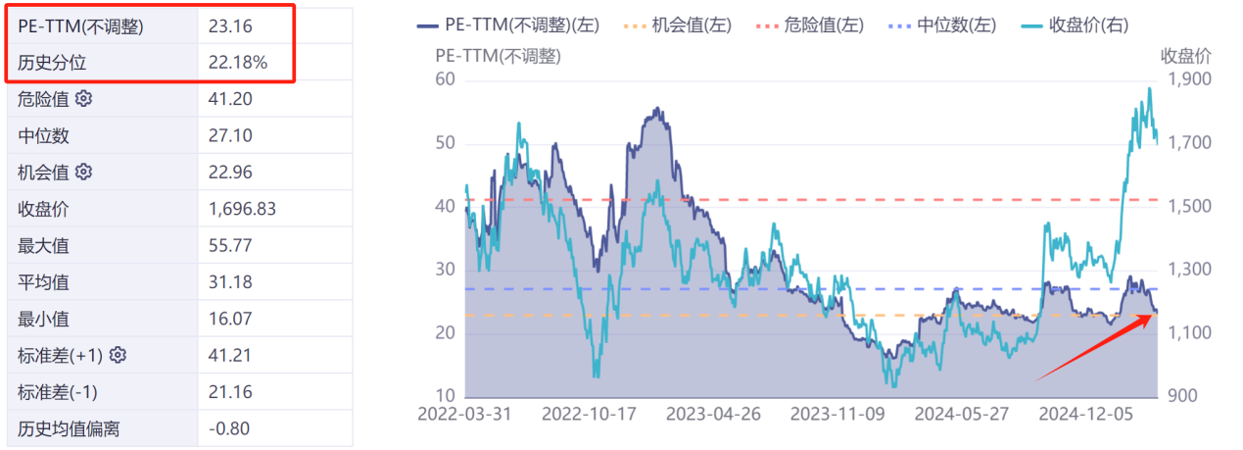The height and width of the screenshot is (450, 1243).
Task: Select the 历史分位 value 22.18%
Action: point(237,64)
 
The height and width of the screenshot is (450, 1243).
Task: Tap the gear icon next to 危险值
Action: point(83,99)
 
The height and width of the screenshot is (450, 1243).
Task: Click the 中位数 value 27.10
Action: point(229,135)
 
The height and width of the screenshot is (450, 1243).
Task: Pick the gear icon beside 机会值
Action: point(83,172)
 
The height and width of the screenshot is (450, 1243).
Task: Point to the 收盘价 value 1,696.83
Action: point(242,209)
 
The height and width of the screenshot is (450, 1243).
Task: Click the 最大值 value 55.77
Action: point(230,245)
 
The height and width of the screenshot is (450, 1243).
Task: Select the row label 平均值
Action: point(43,282)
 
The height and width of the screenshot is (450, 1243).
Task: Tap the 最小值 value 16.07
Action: point(230,319)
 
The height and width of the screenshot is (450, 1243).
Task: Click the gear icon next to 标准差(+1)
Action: point(119,355)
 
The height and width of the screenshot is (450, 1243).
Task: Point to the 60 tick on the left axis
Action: point(446,79)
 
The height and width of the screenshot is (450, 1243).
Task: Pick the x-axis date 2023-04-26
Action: point(713,414)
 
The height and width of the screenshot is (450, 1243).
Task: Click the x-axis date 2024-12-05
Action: point(1085,414)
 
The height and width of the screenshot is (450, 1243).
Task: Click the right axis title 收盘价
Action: point(1186,55)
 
